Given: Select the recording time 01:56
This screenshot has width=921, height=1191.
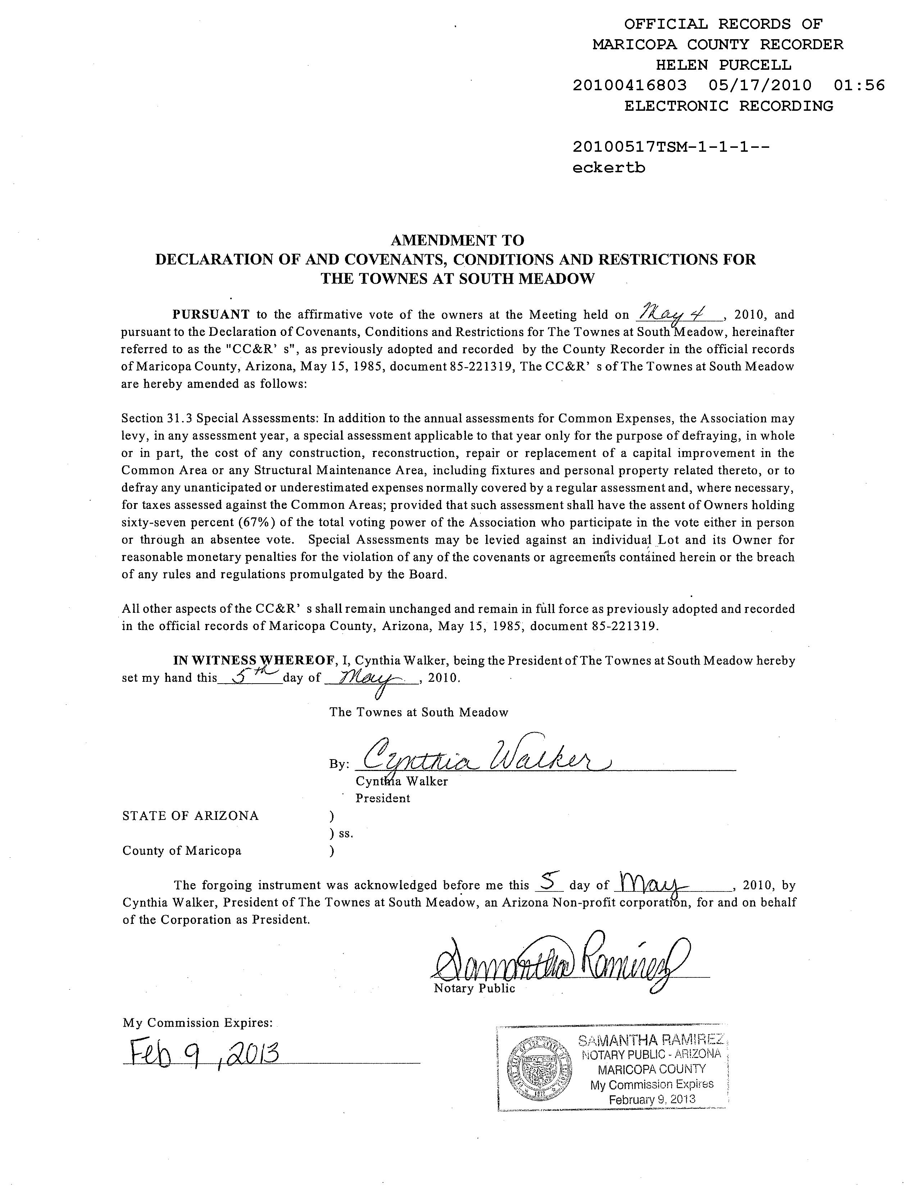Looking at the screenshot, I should (859, 86).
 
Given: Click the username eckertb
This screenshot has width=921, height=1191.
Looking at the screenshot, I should (608, 168).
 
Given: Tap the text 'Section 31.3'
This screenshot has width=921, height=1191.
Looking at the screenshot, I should (156, 419).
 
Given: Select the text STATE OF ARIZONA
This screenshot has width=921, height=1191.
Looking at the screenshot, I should (190, 816).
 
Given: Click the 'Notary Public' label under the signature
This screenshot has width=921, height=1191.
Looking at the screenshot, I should (474, 989).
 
